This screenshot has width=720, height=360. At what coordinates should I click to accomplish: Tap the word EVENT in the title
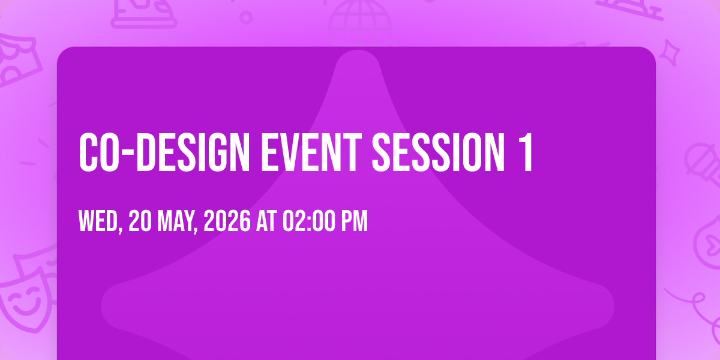point(311,152)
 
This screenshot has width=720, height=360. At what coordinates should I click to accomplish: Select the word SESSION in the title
point(438,152)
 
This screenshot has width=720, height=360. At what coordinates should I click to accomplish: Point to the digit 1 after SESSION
point(525,152)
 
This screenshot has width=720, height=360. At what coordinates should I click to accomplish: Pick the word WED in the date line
point(98,221)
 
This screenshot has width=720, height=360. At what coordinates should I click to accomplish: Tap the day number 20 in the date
point(140,221)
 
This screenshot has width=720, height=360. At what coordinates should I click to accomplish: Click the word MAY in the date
point(175,221)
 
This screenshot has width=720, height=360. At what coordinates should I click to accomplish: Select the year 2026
point(227,221)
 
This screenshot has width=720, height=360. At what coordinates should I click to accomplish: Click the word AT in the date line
point(266,221)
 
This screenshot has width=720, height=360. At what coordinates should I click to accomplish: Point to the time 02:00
point(308,221)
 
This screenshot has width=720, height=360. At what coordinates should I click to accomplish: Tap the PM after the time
point(354,221)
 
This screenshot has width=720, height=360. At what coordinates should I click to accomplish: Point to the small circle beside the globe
point(246,17)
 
